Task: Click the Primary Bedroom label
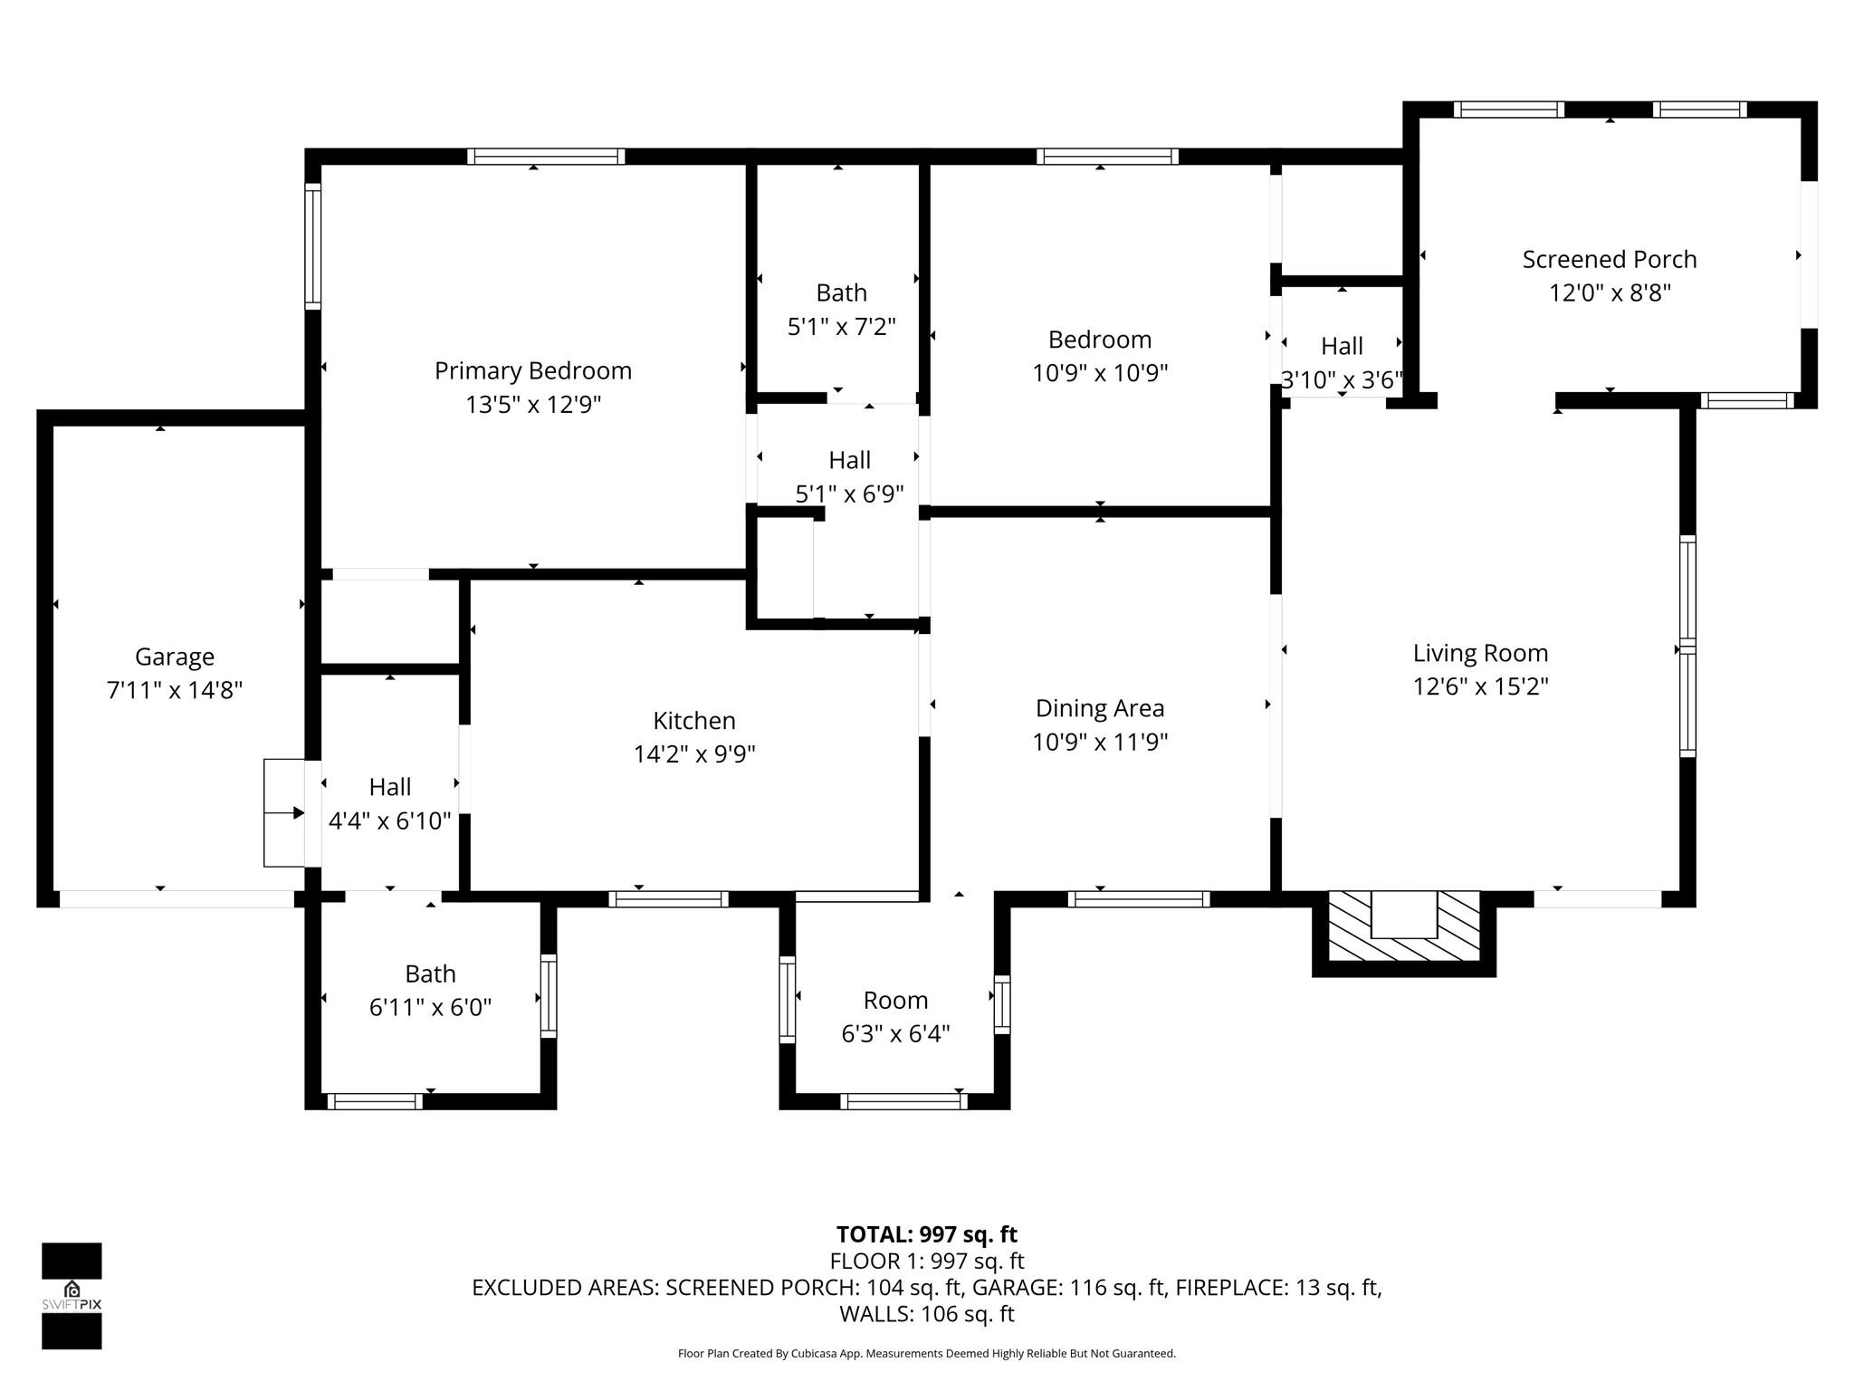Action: (533, 370)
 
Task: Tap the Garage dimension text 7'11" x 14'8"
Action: (175, 690)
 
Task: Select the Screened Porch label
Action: (1609, 260)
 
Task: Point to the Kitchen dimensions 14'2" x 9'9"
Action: (694, 753)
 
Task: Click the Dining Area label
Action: (1100, 708)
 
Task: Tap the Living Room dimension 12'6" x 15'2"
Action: (1480, 686)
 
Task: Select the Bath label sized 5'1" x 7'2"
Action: (841, 293)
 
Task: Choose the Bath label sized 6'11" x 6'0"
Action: (430, 974)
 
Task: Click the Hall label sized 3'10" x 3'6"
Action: (1342, 347)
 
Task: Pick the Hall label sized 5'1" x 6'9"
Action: (849, 461)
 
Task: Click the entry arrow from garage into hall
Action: (291, 813)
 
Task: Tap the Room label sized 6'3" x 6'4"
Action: (895, 1001)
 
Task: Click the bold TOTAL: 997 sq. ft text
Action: (926, 1234)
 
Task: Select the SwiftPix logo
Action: (72, 1295)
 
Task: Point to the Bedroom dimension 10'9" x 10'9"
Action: (1100, 373)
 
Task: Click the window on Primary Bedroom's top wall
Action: (546, 156)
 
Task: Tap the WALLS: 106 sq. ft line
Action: (926, 1313)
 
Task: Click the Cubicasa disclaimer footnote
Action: (926, 1354)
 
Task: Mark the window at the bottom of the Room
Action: (903, 1101)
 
